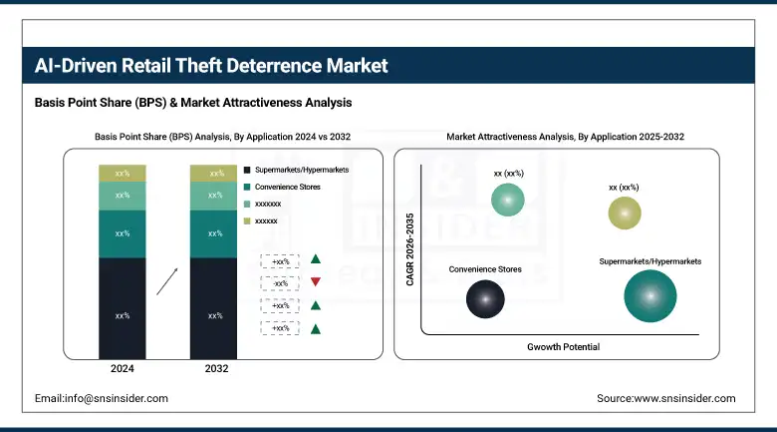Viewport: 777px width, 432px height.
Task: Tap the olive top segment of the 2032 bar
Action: point(214,174)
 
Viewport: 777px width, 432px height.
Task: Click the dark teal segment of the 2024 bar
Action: point(123,233)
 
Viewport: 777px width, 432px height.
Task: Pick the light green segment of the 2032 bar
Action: point(214,196)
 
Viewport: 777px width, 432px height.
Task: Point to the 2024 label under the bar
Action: point(123,369)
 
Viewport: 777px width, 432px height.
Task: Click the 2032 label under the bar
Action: point(215,369)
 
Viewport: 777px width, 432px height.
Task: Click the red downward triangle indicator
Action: point(315,282)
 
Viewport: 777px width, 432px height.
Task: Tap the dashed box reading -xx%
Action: point(280,282)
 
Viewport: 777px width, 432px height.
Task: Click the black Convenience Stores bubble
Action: point(485,296)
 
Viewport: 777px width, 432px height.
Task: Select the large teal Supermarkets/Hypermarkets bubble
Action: point(650,296)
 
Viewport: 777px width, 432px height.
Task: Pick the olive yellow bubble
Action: point(625,213)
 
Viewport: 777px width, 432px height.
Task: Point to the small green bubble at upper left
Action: point(508,201)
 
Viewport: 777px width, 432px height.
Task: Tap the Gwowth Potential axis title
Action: point(563,346)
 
